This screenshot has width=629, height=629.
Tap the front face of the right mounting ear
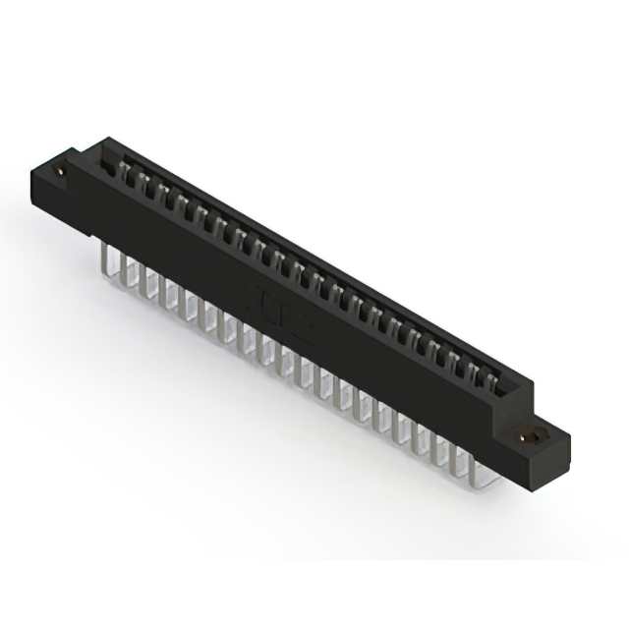(536, 458)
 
